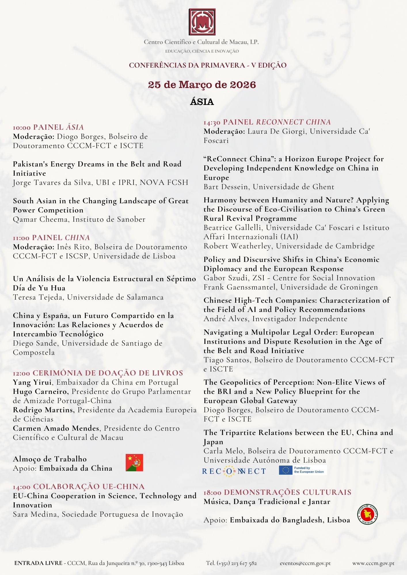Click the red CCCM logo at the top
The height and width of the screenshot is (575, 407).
pos(202,22)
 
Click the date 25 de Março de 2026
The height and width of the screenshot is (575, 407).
pos(202,85)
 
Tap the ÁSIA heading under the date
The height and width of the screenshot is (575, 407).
pos(202,102)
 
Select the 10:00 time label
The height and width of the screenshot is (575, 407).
pos(22,127)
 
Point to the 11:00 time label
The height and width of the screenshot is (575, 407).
pos(21,238)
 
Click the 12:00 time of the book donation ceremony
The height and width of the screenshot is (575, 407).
pos(22,373)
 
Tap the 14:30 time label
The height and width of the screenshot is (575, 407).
pos(212,122)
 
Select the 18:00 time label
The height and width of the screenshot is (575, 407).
pos(212,492)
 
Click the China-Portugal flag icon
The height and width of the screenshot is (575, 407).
pos(134,463)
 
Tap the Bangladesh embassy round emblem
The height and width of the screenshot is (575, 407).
pos(368,514)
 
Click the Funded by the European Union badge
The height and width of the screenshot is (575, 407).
pos(303,470)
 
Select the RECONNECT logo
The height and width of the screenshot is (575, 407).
pos(234,471)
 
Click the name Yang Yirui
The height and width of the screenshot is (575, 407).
pos(32,382)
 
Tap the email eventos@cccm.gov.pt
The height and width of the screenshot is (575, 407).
pos(305,563)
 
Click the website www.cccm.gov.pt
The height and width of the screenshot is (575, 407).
pos(373,563)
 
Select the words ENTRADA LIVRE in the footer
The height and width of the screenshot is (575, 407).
pos(38,563)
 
